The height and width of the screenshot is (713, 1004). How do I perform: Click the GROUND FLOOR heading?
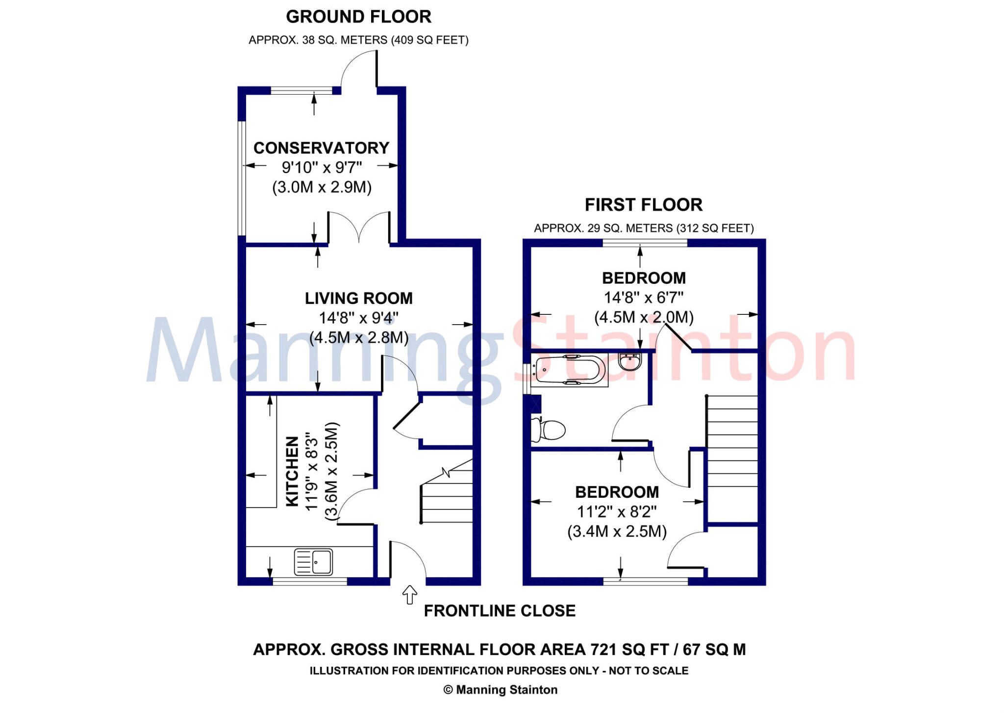[x=358, y=17]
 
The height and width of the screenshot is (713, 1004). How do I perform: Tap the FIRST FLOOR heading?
[x=643, y=204]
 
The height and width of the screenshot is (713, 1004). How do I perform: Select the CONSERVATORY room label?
[x=321, y=148]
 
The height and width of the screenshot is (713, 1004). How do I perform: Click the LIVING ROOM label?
[x=358, y=298]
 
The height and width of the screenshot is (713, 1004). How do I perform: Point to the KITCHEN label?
[x=292, y=471]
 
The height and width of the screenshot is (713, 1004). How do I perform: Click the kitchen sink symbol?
[x=313, y=561]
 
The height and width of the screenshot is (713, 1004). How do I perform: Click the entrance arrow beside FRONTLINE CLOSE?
[x=409, y=595]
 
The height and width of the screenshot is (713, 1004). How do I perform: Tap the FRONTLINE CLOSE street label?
[x=499, y=611]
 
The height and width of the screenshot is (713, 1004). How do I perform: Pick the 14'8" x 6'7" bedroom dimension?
[x=643, y=298]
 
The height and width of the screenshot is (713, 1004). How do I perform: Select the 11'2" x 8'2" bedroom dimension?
[x=616, y=512]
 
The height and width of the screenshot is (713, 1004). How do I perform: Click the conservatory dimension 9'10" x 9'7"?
[x=321, y=168]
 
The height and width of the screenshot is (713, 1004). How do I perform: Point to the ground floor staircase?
[x=446, y=495]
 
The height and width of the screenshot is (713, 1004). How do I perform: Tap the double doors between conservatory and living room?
[x=359, y=228]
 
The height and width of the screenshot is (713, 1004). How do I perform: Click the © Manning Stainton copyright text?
[x=500, y=690]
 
